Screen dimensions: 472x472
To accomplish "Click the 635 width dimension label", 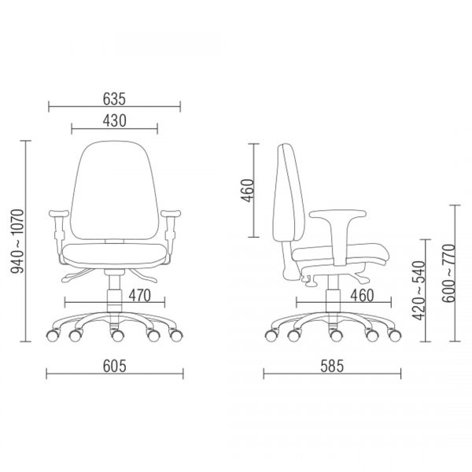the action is point(114,99).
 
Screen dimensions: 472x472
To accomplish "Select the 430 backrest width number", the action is point(114,121).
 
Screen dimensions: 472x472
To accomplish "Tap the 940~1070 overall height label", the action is point(17,242).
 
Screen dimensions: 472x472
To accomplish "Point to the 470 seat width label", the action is point(140,296).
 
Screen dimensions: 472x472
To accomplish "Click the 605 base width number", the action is point(114,367).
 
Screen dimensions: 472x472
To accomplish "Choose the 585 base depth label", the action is point(332,367).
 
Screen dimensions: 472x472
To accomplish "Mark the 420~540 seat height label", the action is point(419,291).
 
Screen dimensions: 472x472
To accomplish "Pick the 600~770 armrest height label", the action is point(449,273).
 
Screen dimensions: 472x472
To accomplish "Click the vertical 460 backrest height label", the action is point(248,190).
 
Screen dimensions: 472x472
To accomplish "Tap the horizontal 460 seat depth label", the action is point(362,296).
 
